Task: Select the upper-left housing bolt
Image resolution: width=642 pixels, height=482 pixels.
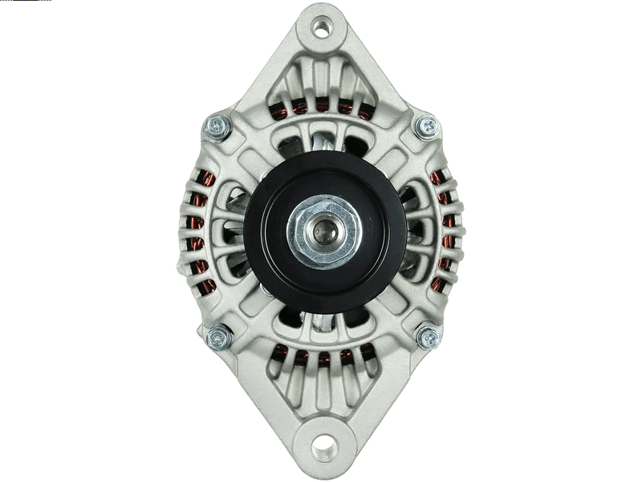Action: [216, 125]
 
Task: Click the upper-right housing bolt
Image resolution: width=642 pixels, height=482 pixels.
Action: [427, 125]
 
